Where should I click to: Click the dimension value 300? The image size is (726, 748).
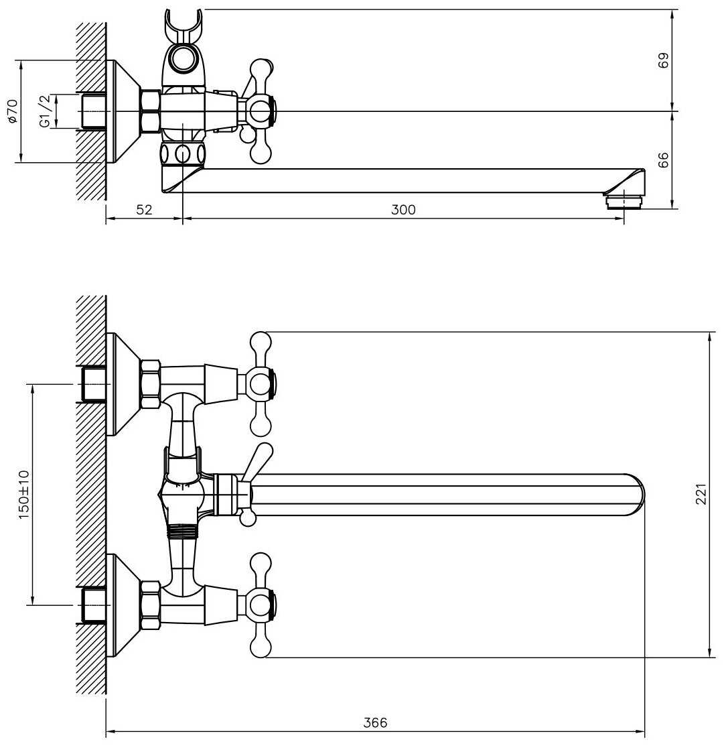pos(403,210)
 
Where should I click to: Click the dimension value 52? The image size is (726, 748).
pos(145,210)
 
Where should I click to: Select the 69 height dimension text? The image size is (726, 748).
pos(663,60)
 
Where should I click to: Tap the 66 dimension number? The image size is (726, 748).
pos(663,160)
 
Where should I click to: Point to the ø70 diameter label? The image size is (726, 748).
pos(13,111)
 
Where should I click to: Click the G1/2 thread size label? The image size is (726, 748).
pos(44,111)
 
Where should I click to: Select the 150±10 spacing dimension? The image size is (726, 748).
pos(24,495)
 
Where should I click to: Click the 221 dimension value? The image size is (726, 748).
pos(701,494)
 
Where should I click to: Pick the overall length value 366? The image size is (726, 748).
pos(375,723)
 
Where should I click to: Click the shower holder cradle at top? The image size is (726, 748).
pos(184,26)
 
